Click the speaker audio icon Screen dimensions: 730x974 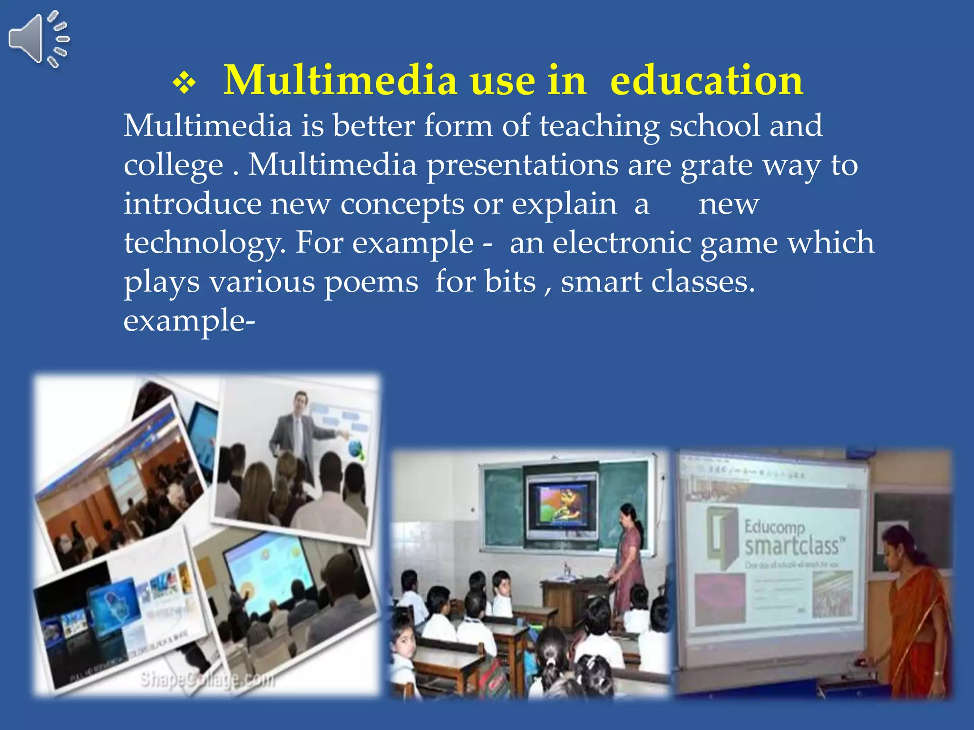(38, 39)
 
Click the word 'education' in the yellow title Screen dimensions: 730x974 (707, 81)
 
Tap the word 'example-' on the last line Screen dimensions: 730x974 (189, 321)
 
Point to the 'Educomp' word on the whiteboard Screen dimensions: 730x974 (774, 527)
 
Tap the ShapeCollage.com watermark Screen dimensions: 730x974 (208, 680)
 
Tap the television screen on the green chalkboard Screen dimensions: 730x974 (562, 504)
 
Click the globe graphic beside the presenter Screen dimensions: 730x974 (356, 449)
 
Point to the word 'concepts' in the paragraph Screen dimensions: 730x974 (402, 205)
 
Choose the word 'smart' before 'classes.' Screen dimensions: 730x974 (601, 282)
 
